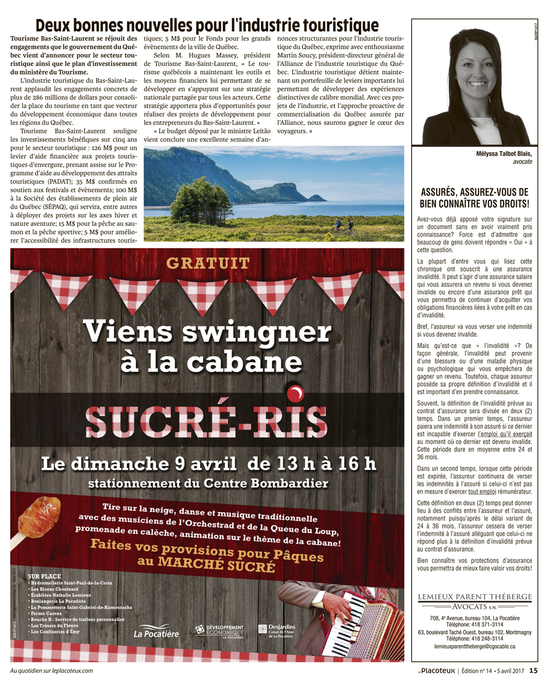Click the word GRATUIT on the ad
[x=208, y=263]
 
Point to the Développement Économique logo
[x=219, y=631]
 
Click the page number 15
[x=533, y=671]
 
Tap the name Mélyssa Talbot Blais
[x=504, y=154]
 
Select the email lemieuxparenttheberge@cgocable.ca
[x=475, y=646]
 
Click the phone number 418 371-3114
[x=483, y=624]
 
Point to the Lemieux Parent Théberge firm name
[x=475, y=597]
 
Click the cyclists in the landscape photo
[x=342, y=225]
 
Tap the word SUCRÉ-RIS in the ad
[x=206, y=421]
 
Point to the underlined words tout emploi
[x=482, y=491]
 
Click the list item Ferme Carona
[x=47, y=614]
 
